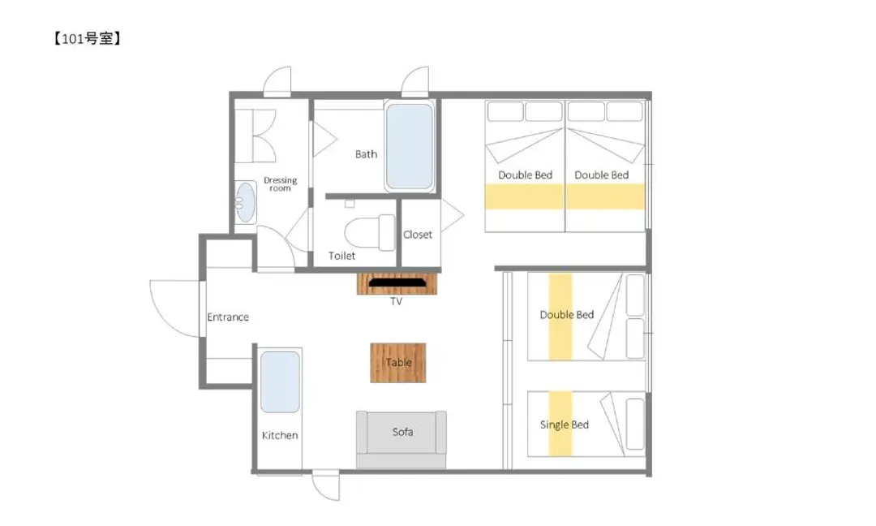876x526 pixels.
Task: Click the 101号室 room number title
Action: click(x=87, y=39)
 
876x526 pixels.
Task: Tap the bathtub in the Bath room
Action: click(x=410, y=146)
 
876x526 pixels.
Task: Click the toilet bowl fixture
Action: click(x=370, y=232)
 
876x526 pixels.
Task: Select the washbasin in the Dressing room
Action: click(x=245, y=202)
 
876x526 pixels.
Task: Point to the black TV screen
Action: click(x=397, y=283)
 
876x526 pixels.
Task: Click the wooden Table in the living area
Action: click(x=398, y=363)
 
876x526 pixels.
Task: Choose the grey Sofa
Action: click(x=401, y=440)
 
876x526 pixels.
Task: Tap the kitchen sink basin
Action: click(x=280, y=382)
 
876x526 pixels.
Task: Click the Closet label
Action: click(x=418, y=235)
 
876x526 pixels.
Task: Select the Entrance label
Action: click(x=228, y=317)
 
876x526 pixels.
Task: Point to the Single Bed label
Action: click(x=565, y=425)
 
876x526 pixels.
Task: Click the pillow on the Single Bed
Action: click(x=635, y=425)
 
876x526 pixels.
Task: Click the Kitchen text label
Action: click(x=280, y=435)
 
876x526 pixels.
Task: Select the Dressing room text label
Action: click(x=281, y=184)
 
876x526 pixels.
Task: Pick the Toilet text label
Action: click(x=342, y=256)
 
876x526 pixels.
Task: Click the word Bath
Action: click(x=367, y=154)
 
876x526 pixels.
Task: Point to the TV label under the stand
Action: click(x=396, y=302)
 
